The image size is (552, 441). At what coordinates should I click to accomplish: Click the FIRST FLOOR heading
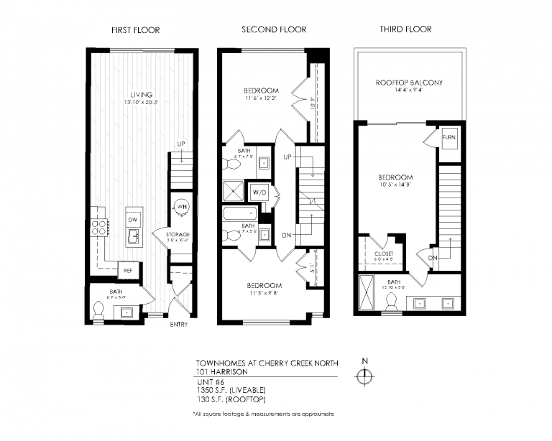pos(135,30)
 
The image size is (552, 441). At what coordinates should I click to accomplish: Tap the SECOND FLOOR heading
pos(273,29)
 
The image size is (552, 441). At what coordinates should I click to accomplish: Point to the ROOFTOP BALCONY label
pos(409,83)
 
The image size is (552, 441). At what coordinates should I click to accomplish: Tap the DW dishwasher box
pos(133,219)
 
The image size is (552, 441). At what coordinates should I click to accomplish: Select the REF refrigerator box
pos(129,271)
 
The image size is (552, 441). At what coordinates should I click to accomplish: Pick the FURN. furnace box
pos(449,136)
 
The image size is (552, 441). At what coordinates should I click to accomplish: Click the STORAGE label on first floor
pos(178,235)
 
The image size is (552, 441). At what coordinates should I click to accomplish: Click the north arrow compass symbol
pos(365,375)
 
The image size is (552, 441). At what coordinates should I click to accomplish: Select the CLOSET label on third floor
pos(385,254)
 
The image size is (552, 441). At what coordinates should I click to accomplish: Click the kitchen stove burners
pos(98,228)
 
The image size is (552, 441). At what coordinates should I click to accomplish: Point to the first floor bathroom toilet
pos(99,310)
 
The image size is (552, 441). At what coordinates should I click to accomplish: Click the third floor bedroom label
pos(396,177)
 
